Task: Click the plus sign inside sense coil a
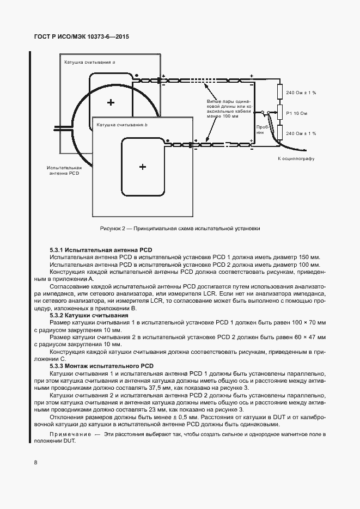[x=111, y=102]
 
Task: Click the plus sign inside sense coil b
[x=143, y=167]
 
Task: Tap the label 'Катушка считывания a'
[x=89, y=63]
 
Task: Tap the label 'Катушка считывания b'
[x=122, y=125]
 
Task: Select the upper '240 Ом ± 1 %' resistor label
[x=301, y=93]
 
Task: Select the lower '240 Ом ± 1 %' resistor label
[x=301, y=133]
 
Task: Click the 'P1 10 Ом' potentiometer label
[x=297, y=113]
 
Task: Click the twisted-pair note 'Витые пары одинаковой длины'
[x=229, y=109]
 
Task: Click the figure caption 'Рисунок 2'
[x=180, y=229]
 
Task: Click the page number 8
[x=35, y=463]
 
